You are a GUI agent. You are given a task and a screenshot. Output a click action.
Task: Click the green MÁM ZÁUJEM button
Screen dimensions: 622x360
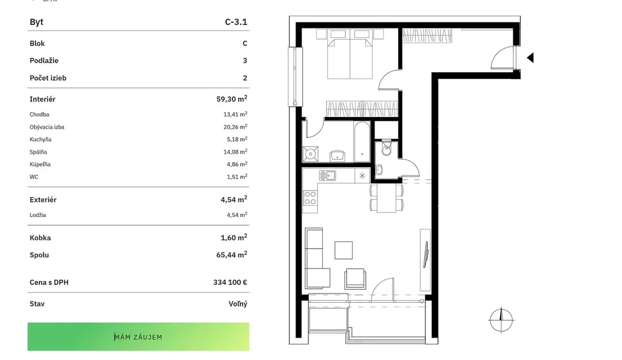coord(138,336)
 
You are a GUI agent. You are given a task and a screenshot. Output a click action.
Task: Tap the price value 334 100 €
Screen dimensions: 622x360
coord(230,282)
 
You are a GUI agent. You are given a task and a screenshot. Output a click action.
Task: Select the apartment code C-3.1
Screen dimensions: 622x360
coord(236,22)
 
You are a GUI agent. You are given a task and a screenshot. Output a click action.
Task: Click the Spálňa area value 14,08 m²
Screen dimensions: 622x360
coord(235,152)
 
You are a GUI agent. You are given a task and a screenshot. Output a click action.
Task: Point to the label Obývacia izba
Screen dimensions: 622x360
coord(47,127)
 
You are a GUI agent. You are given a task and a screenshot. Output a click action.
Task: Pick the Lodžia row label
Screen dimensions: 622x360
coord(38,215)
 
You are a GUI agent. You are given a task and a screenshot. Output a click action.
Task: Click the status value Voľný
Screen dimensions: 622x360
coord(238,304)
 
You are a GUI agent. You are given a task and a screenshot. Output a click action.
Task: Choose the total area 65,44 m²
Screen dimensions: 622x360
coord(231,254)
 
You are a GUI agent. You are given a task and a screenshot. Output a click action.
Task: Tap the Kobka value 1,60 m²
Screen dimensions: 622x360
coord(234,238)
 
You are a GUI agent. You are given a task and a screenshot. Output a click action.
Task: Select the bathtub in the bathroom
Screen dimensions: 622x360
coord(362,142)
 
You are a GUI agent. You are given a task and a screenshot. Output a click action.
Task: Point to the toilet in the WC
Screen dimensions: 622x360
coord(386,147)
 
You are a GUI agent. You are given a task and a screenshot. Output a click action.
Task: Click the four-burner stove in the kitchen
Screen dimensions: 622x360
coord(310,198)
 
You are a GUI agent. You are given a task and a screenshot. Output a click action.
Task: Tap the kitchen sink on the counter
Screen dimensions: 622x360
coord(328,175)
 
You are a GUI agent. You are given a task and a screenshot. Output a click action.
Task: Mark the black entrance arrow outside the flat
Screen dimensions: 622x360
coord(531,58)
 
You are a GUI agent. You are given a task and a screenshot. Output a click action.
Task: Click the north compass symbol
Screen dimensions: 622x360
coord(501,320)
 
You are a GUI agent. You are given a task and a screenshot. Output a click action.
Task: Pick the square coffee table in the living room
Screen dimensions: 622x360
coord(343,250)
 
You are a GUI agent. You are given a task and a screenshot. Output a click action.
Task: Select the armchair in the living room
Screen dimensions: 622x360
coord(355,279)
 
